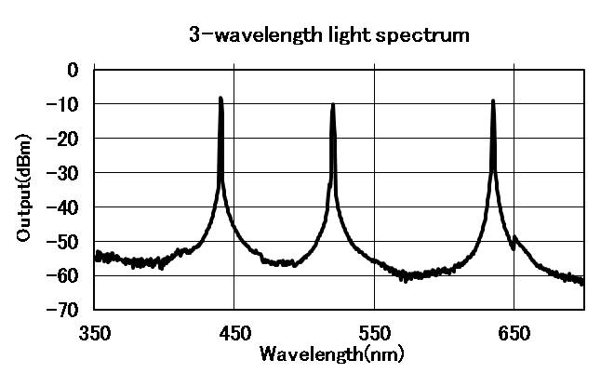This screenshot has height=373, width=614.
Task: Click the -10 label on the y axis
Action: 64,104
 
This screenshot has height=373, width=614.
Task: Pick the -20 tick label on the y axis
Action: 64,138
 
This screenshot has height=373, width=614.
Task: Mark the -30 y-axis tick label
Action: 64,172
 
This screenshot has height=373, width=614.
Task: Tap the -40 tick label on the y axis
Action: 64,206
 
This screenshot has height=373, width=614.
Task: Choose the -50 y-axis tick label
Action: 64,241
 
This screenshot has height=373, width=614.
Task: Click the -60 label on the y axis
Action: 64,275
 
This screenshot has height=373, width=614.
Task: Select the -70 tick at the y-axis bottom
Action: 64,309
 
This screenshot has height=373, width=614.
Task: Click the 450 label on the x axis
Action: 234,331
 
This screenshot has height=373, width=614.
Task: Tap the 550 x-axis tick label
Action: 374,331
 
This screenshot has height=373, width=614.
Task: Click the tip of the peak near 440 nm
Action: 220,98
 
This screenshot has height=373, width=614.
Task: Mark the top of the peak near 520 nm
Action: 332,104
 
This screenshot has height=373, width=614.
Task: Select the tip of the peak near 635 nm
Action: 492,100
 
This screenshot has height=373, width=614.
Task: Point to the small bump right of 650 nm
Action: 515,239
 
